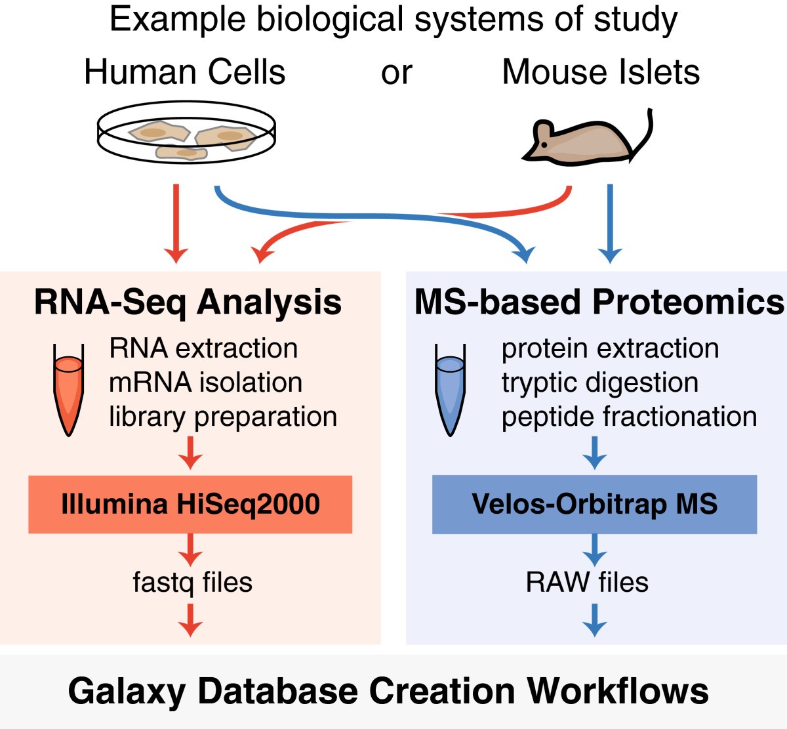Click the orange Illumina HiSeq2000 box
coord(190,505)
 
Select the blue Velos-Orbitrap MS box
coord(594,505)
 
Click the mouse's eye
coord(544,144)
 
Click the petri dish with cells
coord(186,135)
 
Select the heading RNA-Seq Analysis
coord(188,302)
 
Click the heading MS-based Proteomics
coord(599,302)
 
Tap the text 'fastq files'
coord(192,582)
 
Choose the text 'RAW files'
coord(587,582)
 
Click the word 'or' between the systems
coord(396,73)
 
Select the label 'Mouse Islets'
coord(600,72)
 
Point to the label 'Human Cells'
coord(185,72)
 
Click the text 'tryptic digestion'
coord(599,383)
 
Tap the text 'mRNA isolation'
coord(205,383)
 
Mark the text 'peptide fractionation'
coord(629,417)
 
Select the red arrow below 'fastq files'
coord(190,620)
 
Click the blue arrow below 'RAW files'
coord(594,620)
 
